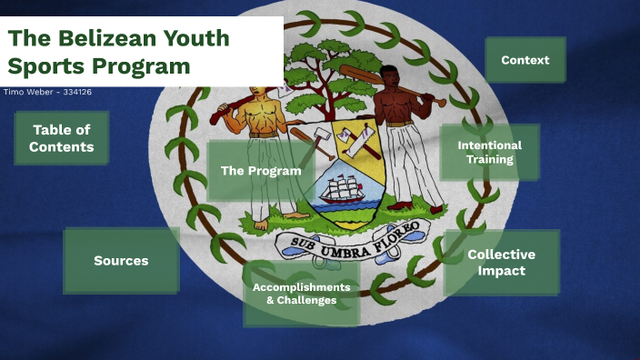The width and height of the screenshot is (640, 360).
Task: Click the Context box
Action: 525,60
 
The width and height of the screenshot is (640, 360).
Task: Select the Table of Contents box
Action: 62,138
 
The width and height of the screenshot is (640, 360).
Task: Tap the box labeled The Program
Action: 261,171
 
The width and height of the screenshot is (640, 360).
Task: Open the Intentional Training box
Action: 489,153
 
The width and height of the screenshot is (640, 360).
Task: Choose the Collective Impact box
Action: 501,262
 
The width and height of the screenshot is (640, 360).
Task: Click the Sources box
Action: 121,261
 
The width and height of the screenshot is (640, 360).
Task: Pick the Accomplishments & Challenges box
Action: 301,294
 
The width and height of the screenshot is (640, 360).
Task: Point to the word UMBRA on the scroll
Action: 342,241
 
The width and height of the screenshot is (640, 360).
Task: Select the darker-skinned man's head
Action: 388,79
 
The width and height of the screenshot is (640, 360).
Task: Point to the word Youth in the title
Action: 196,38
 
